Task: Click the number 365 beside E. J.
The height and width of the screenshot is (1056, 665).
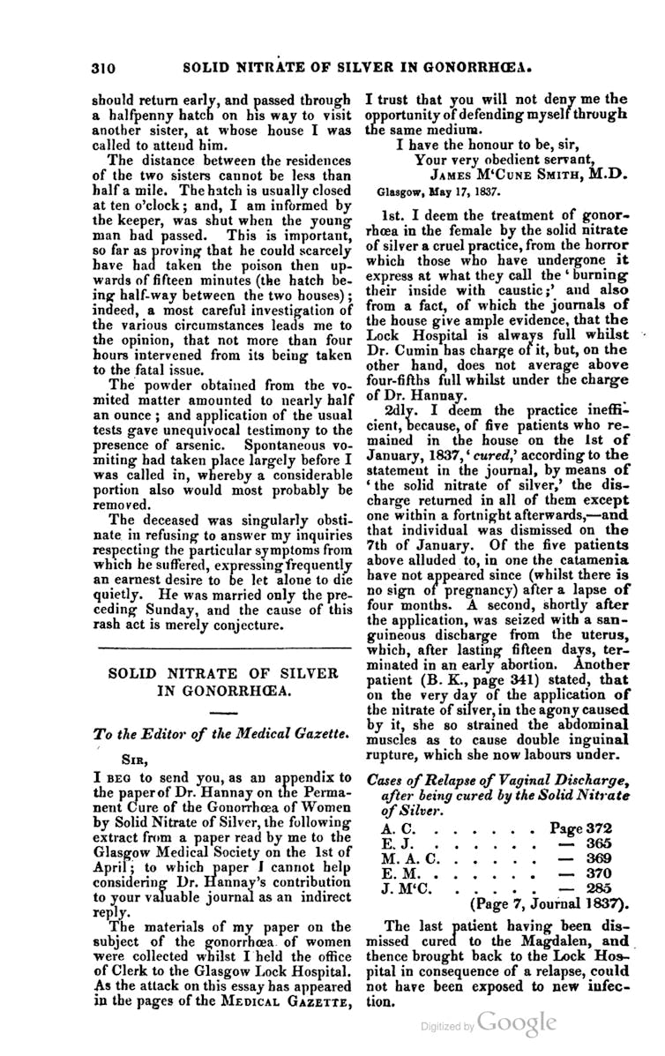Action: tap(598, 844)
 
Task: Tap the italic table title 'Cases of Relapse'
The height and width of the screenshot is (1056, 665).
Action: tap(422, 779)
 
